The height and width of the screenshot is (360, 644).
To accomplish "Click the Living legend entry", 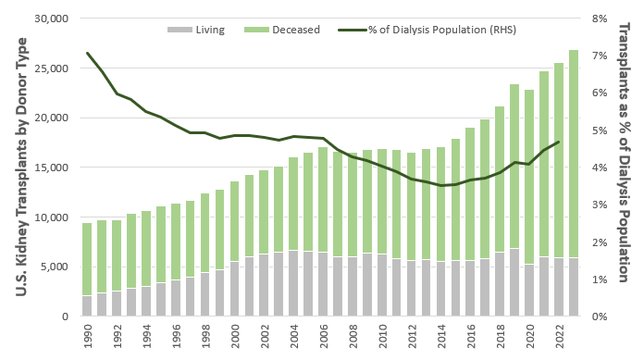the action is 196,30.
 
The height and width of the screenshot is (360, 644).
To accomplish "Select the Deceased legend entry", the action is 281,30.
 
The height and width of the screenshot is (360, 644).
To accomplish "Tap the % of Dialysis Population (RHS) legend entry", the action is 427,30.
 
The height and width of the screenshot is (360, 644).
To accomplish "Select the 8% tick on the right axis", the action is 600,19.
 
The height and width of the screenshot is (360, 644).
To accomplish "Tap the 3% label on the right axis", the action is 600,205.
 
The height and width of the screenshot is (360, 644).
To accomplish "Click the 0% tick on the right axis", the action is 600,317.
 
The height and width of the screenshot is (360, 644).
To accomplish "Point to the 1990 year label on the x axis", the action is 88,336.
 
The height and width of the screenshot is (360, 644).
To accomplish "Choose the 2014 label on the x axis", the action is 440,336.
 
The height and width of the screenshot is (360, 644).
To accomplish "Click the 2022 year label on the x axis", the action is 559,336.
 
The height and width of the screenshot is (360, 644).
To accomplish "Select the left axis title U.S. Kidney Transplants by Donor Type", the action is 21,167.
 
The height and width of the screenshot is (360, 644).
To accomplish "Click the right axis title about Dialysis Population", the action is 624,153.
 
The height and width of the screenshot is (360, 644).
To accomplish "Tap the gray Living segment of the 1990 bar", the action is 87,305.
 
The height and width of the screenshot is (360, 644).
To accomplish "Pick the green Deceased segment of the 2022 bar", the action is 559,160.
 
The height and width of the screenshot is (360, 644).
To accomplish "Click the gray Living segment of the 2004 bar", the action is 293,283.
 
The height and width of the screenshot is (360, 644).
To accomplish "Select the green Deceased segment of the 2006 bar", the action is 323,200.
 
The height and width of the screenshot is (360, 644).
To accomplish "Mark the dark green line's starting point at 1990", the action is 88,53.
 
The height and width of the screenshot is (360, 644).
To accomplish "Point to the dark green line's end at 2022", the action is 559,142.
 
